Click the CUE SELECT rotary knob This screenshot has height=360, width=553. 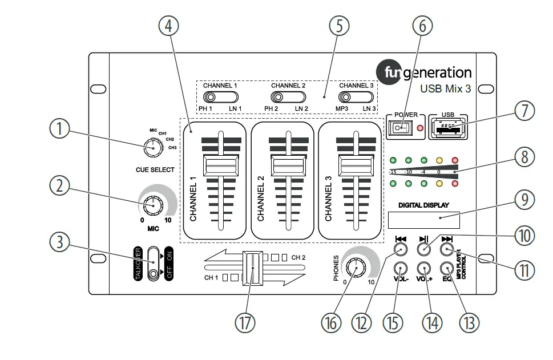coord(152,148)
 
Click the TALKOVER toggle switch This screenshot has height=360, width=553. coord(153,263)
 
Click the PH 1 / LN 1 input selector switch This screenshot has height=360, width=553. coord(220,96)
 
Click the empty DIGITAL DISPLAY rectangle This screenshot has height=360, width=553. coord(424,219)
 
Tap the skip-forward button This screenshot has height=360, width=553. coord(447,249)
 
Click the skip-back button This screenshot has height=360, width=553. coord(401,249)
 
